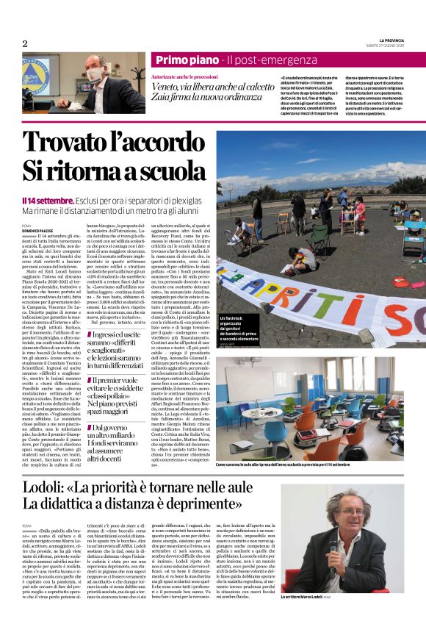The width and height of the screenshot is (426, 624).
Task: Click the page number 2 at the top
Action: click(25, 43)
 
